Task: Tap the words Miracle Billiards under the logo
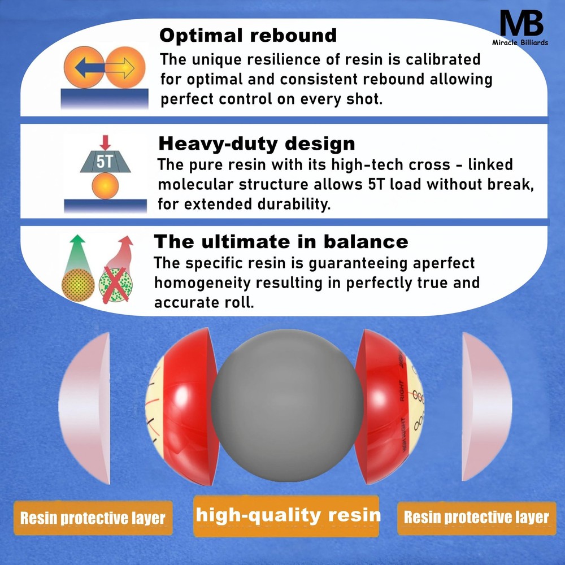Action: [521, 42]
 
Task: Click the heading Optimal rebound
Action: [248, 36]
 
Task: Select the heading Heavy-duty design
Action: [257, 144]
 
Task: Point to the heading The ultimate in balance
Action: [281, 241]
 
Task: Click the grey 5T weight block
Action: [105, 163]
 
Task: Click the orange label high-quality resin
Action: [288, 515]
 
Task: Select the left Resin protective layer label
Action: [93, 518]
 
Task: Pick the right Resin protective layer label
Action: [476, 517]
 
